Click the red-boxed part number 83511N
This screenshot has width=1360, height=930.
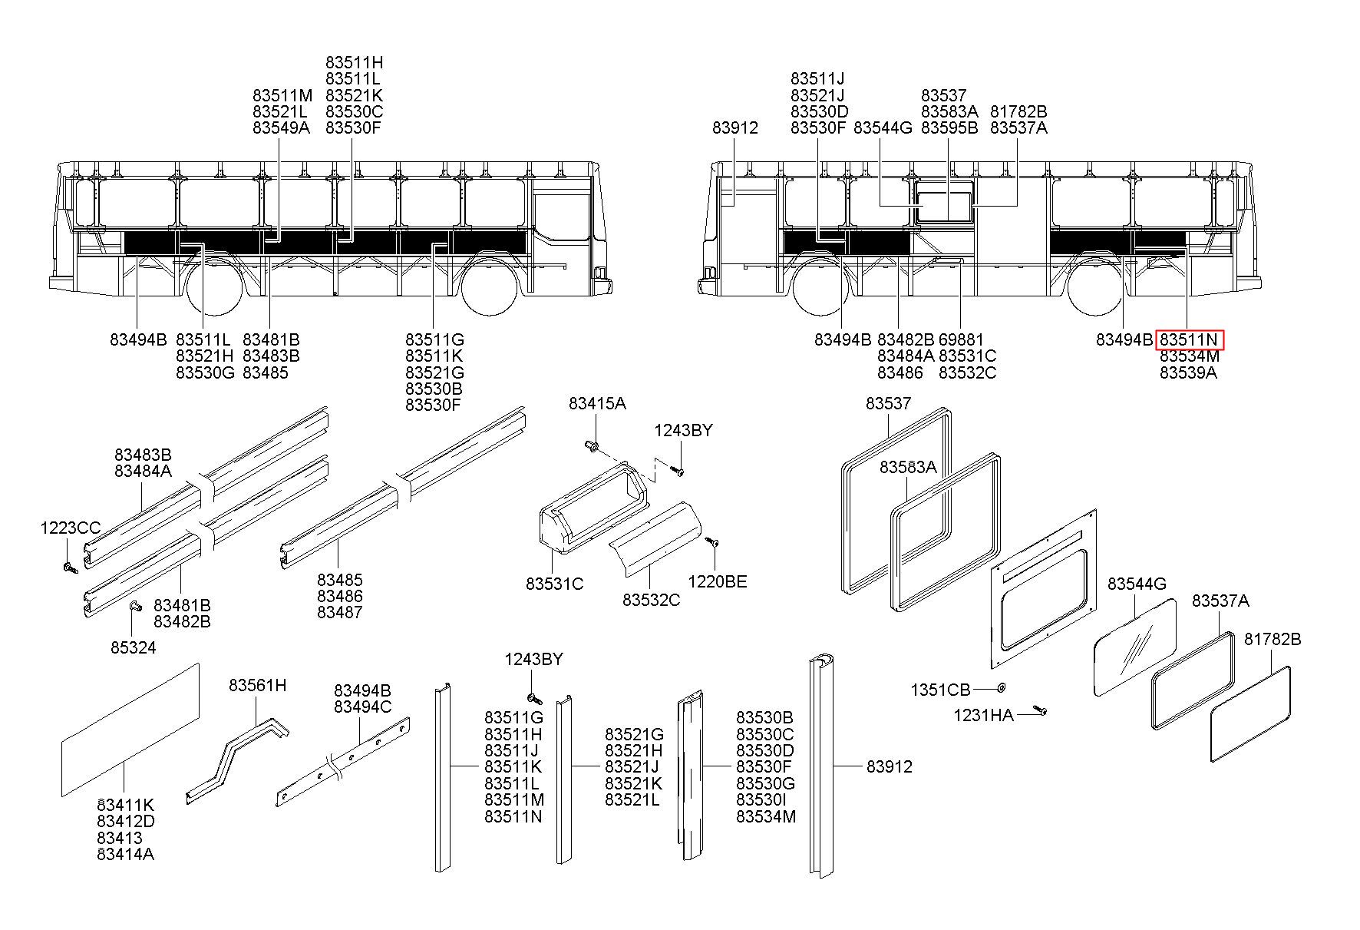coord(1189,339)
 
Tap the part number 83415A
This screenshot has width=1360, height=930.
coord(597,404)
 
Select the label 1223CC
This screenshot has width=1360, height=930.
coord(71,528)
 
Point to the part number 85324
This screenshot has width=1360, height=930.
coord(133,648)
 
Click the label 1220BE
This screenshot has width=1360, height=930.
coord(717,582)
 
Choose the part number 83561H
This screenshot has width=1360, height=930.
coord(257,685)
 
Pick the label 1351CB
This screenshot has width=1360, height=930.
coord(940,690)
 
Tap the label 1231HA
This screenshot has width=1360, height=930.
coord(983,716)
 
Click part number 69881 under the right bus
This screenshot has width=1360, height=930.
coord(961,339)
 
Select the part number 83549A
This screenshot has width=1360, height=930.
coord(281,128)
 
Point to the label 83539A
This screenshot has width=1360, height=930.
coord(1188,373)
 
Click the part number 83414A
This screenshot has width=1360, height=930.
coord(125,854)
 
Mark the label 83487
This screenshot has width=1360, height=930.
coord(340,613)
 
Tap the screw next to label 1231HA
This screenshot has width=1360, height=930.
coord(1039,710)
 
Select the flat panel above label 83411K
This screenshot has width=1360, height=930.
coord(130,730)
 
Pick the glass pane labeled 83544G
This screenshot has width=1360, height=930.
coord(1134,647)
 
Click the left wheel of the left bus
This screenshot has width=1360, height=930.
coord(214,288)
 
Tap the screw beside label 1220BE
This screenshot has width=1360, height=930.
coord(711,542)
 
